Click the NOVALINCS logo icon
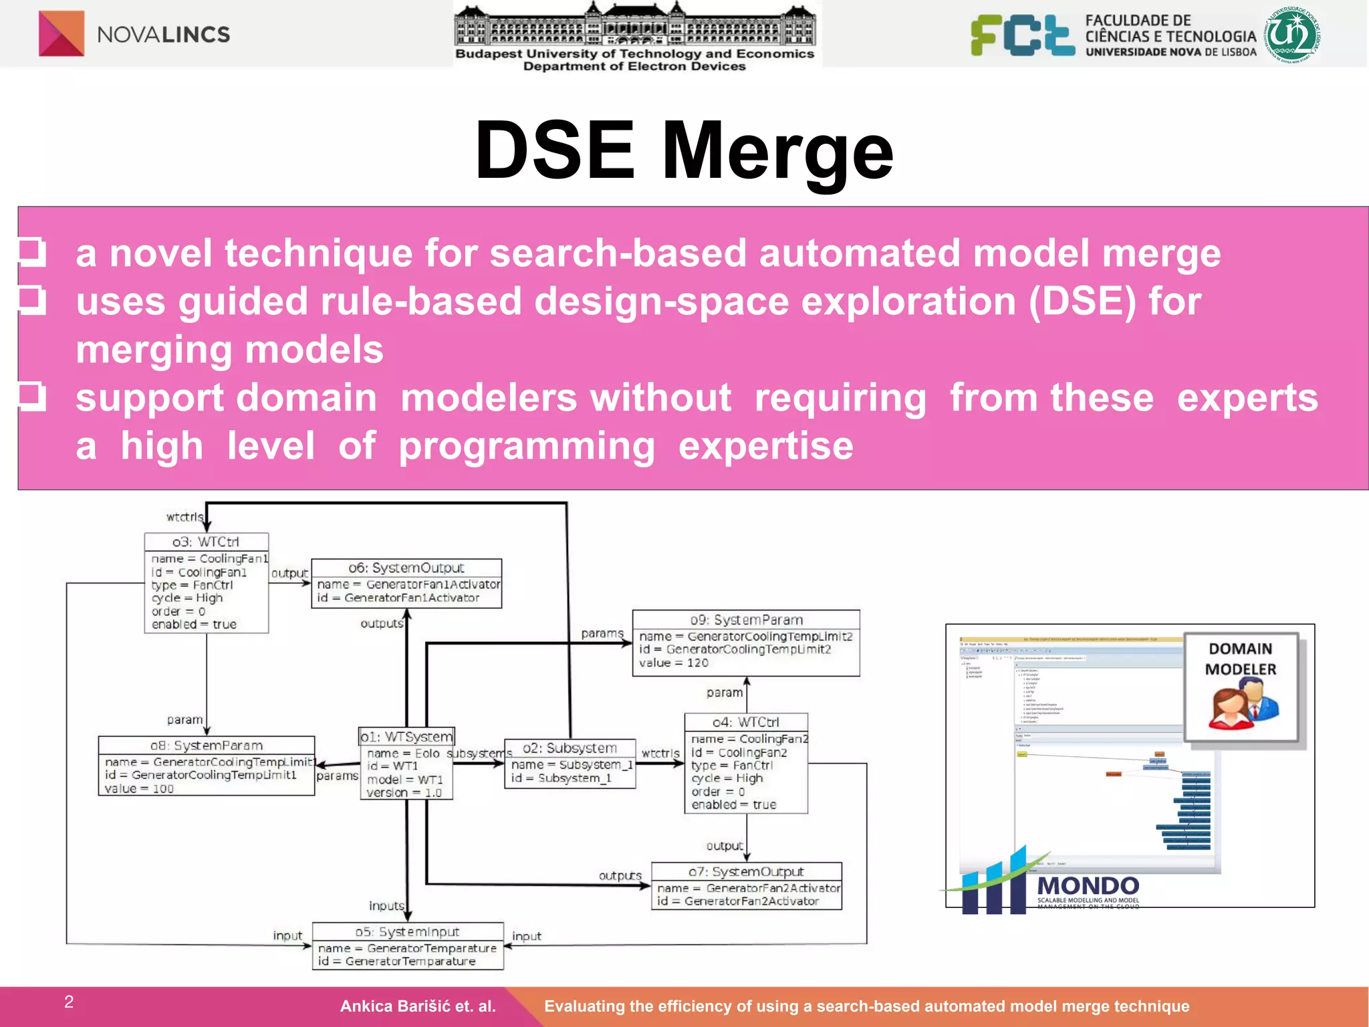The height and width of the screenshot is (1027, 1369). click(61, 33)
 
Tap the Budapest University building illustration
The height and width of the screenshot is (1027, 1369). click(634, 25)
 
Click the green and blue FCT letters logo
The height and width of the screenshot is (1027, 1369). click(1023, 35)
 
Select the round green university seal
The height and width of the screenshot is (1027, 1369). click(1292, 35)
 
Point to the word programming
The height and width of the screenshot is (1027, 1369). click(527, 446)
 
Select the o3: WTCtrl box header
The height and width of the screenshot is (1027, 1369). click(206, 542)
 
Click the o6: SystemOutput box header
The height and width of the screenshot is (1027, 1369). click(406, 568)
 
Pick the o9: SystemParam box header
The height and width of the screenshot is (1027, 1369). click(746, 620)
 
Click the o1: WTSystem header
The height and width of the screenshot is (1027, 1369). click(406, 737)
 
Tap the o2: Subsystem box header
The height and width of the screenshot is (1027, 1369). click(570, 748)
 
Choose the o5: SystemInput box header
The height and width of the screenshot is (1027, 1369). click(407, 931)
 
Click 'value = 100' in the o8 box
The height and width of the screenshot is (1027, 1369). click(139, 789)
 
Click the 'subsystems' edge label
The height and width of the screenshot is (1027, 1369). click(479, 754)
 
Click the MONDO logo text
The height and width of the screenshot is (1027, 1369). click(1088, 886)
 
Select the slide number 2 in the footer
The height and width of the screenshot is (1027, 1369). click(69, 1002)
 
